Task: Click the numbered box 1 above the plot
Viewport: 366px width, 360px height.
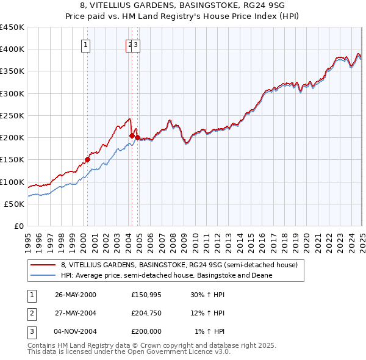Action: coord(85,44)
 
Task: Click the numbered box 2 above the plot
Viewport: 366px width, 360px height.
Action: coord(130,44)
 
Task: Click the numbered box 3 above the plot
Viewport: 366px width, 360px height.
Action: coord(136,44)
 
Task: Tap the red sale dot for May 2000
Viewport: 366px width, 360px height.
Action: coord(87,159)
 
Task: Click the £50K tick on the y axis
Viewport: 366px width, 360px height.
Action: coord(15,204)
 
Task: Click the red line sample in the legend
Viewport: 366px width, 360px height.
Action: coord(43,265)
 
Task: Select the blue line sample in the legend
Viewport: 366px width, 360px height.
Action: coord(43,275)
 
